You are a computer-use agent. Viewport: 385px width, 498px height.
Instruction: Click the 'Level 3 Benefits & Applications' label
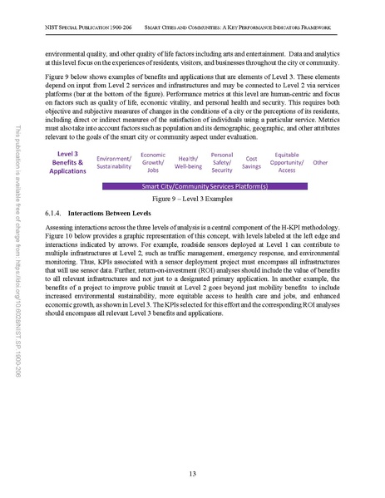point(67,163)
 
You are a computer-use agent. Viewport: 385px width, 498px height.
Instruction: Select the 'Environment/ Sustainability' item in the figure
point(114,162)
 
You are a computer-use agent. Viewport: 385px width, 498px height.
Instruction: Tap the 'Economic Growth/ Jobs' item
point(153,162)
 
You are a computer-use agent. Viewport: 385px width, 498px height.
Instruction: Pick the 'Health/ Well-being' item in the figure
point(189,162)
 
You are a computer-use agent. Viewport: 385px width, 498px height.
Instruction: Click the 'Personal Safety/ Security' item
point(222,162)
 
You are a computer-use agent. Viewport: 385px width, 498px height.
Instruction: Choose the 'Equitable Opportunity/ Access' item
point(287,162)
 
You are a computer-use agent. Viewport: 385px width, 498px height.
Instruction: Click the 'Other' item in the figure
point(320,162)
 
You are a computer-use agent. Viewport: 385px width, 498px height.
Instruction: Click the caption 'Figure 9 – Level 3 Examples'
point(192,200)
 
